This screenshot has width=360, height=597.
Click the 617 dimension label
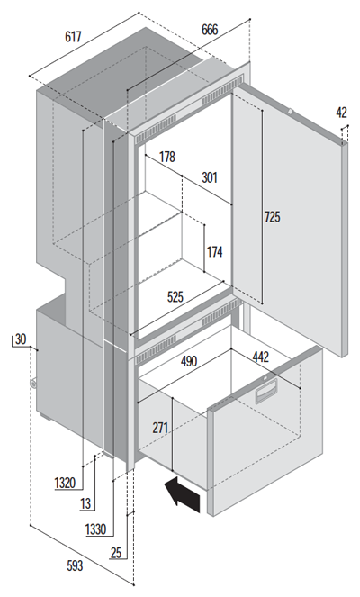click(x=74, y=37)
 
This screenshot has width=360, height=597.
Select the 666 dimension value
click(x=210, y=30)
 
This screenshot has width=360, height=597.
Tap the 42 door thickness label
click(x=341, y=113)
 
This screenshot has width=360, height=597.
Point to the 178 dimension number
click(x=167, y=157)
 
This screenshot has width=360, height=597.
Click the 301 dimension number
click(x=210, y=177)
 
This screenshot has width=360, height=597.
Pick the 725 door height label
click(x=272, y=217)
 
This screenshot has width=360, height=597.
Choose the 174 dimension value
click(x=214, y=251)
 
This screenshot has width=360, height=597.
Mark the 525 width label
click(x=175, y=296)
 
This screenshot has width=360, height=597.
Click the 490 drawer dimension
click(x=189, y=361)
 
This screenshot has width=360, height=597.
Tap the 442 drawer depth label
click(x=261, y=357)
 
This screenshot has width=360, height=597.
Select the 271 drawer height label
click(x=160, y=428)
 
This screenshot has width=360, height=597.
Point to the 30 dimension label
click(x=21, y=339)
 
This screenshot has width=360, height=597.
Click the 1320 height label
click(x=65, y=484)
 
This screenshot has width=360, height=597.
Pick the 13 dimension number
click(x=86, y=503)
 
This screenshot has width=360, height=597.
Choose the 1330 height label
click(x=95, y=529)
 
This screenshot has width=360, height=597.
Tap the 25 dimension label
click(x=116, y=553)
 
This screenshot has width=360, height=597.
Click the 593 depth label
click(x=75, y=565)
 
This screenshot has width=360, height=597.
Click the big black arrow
click(x=182, y=494)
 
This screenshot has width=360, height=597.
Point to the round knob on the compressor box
click(x=33, y=384)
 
